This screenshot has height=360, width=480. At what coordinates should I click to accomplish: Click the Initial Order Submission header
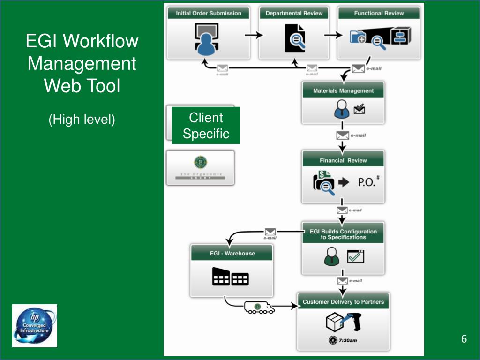pos(208,13)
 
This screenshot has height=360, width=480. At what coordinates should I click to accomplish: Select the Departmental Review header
pos(294,13)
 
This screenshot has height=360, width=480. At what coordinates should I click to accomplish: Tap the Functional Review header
pos(379,13)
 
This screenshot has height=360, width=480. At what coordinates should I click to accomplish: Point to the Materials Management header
pos(343,91)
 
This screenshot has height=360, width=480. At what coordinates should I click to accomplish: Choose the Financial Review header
pos(343,160)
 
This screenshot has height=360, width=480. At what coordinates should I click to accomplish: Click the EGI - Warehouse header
pos(232,254)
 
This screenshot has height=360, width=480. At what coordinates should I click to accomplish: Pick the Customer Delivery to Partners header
pos(343,302)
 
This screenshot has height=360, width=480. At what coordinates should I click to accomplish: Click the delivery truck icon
pos(259,307)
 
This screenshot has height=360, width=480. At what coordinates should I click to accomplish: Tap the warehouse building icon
pos(230,277)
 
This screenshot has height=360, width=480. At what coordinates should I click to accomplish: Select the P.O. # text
pos(368,182)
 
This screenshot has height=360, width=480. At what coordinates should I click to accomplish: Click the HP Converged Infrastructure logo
pos(35,326)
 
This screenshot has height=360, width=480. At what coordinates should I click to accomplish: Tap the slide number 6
pos(464,339)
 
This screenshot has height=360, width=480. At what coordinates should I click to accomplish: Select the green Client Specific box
pos(206,126)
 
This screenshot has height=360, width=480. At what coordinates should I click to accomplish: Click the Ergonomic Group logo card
pos(200,168)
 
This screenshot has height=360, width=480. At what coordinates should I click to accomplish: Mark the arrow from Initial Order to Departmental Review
pos(254,36)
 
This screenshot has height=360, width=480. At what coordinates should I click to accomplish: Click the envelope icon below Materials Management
pos(343,135)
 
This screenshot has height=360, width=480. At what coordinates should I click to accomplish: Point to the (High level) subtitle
pos(82,120)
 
